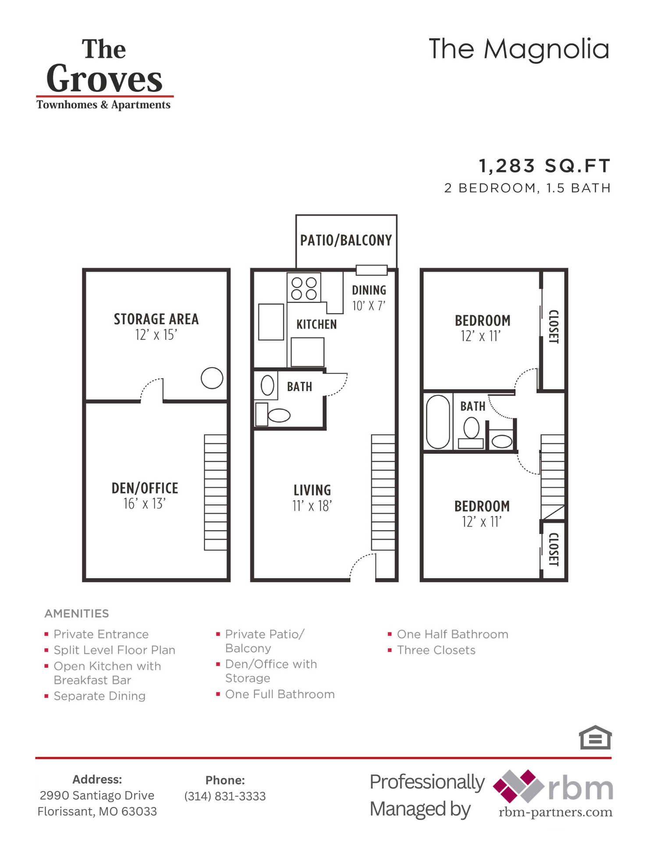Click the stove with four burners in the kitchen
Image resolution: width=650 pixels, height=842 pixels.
(x=304, y=288)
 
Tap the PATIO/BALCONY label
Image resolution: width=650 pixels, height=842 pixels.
(x=346, y=240)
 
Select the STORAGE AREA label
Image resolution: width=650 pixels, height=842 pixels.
(x=156, y=319)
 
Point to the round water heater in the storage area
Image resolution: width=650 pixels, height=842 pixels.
(x=212, y=378)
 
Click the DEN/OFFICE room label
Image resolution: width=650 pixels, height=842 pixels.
(x=145, y=489)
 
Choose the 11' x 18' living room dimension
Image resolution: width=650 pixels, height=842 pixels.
(x=312, y=506)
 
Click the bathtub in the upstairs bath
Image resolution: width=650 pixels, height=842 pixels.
(x=438, y=421)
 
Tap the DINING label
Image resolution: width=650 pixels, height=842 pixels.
(x=369, y=290)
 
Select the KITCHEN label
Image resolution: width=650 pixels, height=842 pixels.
(x=316, y=325)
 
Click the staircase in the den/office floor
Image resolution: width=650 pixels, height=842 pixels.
(x=216, y=492)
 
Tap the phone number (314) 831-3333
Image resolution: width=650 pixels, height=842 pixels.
(x=225, y=796)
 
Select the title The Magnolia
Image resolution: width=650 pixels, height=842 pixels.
(x=519, y=49)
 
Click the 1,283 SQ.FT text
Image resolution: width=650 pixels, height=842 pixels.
(x=544, y=166)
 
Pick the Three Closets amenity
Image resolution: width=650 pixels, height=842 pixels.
(x=436, y=650)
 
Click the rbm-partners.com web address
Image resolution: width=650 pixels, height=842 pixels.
(x=555, y=812)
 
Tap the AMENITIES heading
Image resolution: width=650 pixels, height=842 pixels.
(x=77, y=614)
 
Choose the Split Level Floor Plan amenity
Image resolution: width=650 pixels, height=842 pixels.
(x=114, y=650)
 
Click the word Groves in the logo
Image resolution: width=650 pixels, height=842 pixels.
(x=104, y=79)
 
